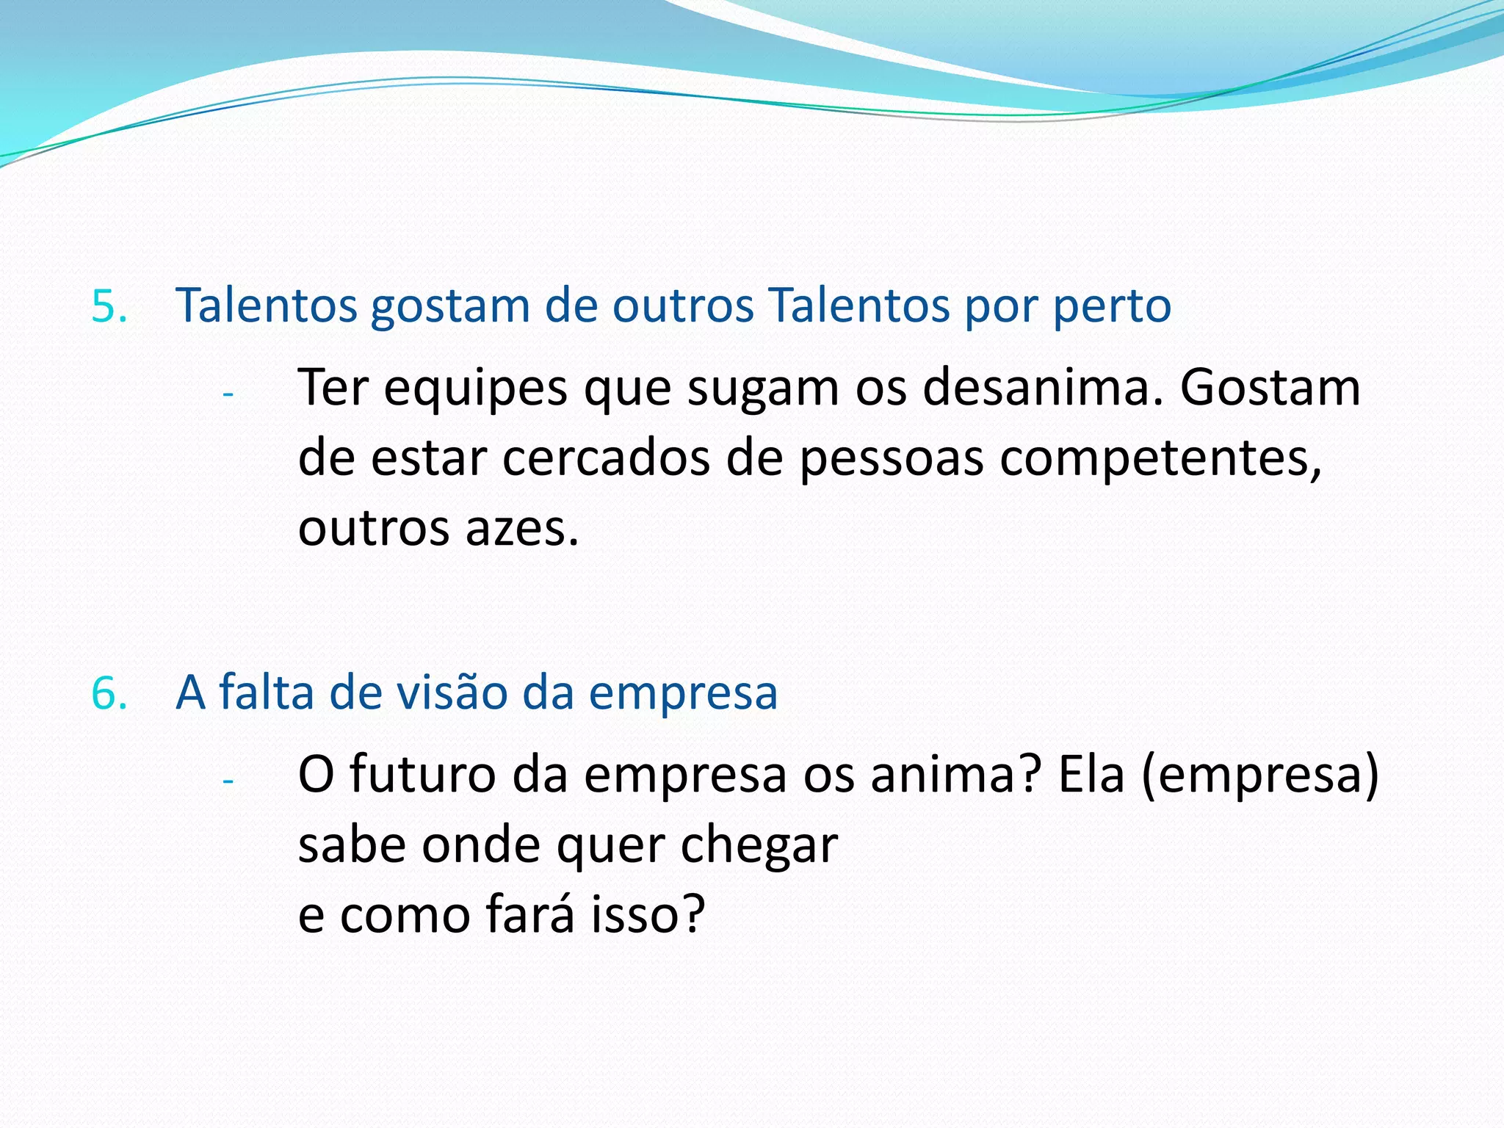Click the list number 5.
coord(109,306)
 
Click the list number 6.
coord(109,693)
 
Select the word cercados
coord(607,458)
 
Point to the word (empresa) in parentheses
coord(1260,775)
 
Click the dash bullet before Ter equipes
coord(228,394)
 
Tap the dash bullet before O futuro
coord(228,781)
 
